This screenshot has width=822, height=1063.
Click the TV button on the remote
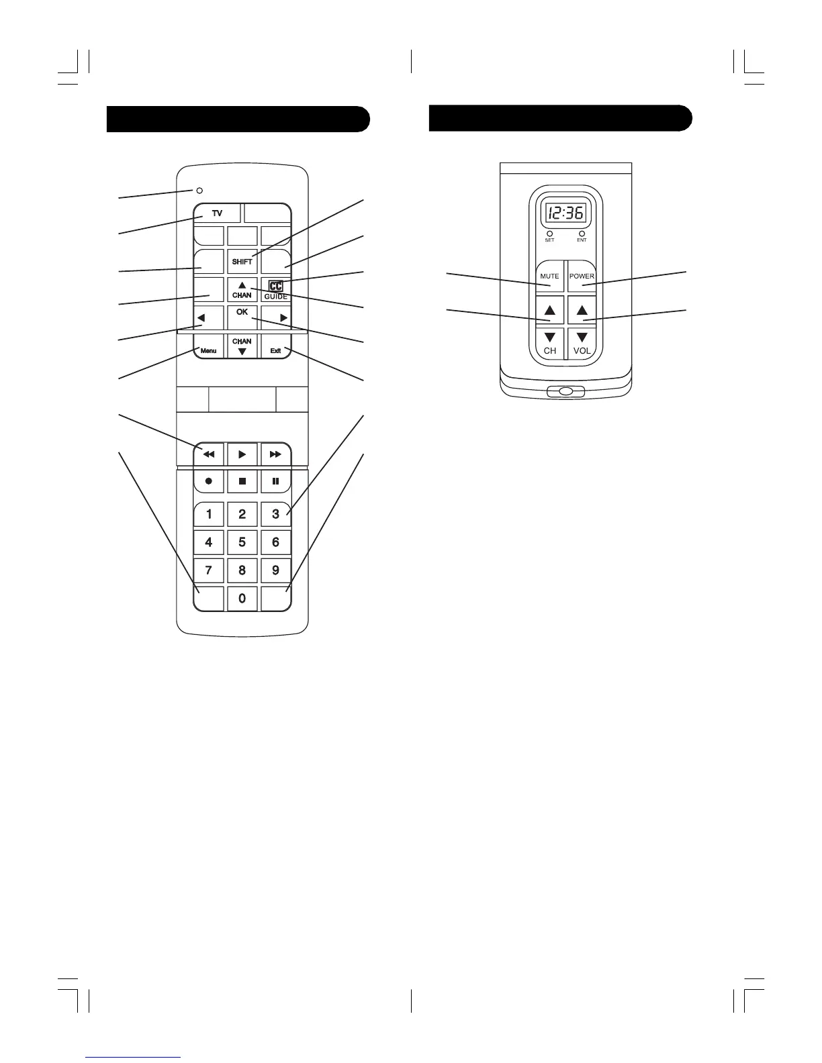coord(217,213)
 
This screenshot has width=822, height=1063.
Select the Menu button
coord(208,350)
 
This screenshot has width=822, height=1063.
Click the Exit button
coord(275,350)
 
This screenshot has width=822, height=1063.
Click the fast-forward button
coord(275,454)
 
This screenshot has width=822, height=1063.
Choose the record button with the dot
coord(209,481)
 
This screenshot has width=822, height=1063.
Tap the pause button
coord(275,481)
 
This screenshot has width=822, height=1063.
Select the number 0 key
coord(242,598)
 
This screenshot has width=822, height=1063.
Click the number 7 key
coord(209,570)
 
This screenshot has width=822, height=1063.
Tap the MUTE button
coord(549,276)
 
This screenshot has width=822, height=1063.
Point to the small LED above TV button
coord(199,191)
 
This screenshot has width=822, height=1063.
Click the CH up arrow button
coord(549,310)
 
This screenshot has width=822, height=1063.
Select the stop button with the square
coord(242,481)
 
